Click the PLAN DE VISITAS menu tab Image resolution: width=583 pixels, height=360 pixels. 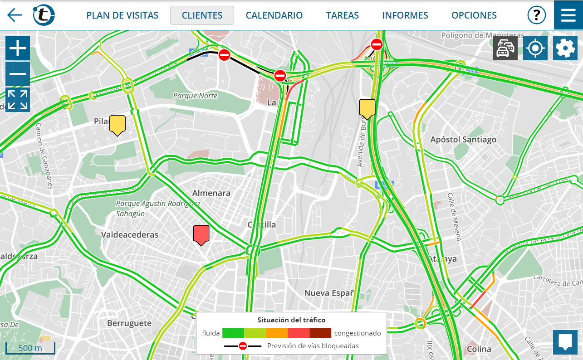pyautogui.click(x=122, y=15)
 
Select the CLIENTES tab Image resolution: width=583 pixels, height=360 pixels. pyautogui.click(x=202, y=15)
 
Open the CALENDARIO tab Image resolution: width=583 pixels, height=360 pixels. pyautogui.click(x=274, y=15)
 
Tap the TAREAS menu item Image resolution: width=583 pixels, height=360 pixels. pyautogui.click(x=342, y=15)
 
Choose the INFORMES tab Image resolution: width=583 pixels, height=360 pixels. pyautogui.click(x=405, y=15)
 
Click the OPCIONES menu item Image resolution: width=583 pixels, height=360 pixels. pyautogui.click(x=474, y=15)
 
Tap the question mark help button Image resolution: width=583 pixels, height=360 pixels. pyautogui.click(x=536, y=15)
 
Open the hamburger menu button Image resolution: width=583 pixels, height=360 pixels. pyautogui.click(x=568, y=15)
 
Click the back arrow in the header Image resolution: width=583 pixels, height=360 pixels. pyautogui.click(x=15, y=15)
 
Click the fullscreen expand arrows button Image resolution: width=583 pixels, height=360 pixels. pyautogui.click(x=18, y=100)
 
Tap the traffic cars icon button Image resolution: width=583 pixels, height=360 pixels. pyautogui.click(x=505, y=49)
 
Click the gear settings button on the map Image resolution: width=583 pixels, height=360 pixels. pyautogui.click(x=565, y=49)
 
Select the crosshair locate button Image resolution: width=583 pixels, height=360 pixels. pyautogui.click(x=535, y=49)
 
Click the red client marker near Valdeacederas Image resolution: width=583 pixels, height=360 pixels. pyautogui.click(x=201, y=234)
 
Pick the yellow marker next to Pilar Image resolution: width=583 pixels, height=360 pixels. pyautogui.click(x=118, y=125)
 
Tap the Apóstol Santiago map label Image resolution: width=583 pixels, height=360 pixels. pyautogui.click(x=463, y=140)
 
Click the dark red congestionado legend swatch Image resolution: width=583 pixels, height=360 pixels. pyautogui.click(x=320, y=333)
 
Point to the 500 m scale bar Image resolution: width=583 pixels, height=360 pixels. pyautogui.click(x=30, y=348)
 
